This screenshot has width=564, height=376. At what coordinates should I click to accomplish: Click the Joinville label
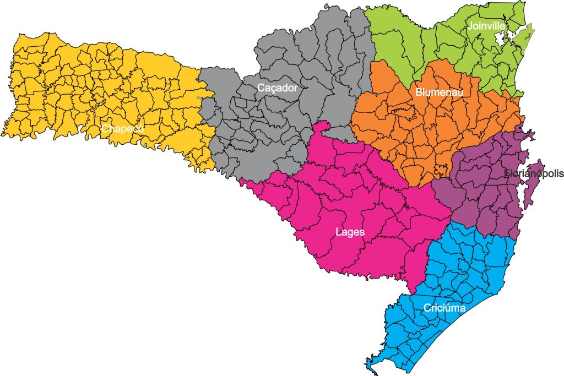pos(485,26)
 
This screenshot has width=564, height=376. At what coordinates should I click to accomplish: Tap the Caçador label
pos(277,88)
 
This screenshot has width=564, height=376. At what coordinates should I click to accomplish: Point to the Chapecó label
pos(122,128)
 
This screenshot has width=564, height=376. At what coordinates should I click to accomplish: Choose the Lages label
pos(350,232)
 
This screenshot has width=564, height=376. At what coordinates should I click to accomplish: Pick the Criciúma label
pos(444,308)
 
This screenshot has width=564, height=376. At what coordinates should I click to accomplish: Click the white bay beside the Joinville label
pos(502,40)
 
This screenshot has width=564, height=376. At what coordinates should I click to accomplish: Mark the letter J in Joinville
pos(470,26)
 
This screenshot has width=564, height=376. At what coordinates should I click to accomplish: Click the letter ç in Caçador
pos(272,88)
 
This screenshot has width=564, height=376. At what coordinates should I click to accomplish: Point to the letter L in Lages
pos(338,232)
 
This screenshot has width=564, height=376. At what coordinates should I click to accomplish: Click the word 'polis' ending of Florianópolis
pos(553,174)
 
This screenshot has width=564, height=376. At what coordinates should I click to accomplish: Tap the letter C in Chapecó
pos(104,128)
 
